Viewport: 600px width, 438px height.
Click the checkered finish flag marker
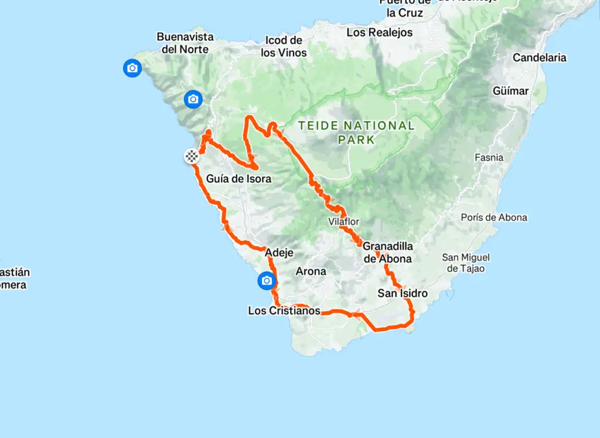(x=192, y=156)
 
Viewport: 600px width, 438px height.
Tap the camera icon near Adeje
(x=267, y=281)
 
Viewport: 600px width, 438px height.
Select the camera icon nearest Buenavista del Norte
(x=132, y=68)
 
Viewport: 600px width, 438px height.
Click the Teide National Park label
(x=356, y=132)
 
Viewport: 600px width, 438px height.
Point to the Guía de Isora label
(x=239, y=178)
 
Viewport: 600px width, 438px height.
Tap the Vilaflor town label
(x=343, y=222)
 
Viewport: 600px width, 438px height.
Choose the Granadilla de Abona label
(x=387, y=252)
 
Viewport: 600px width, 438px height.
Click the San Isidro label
(x=403, y=293)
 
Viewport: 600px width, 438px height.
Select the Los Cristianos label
(x=284, y=311)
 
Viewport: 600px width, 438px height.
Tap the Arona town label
(x=311, y=271)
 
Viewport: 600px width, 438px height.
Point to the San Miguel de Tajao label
(x=466, y=263)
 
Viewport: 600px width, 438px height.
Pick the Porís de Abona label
(x=493, y=218)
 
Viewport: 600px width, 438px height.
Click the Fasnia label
(x=489, y=157)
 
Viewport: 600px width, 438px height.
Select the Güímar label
(x=510, y=91)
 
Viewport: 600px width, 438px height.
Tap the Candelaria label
(x=539, y=57)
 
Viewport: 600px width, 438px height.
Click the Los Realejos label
(x=380, y=32)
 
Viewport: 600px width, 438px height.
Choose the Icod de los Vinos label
(x=284, y=46)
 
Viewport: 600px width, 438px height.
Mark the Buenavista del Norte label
(x=185, y=43)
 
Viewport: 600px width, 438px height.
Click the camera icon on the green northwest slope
(x=193, y=100)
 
